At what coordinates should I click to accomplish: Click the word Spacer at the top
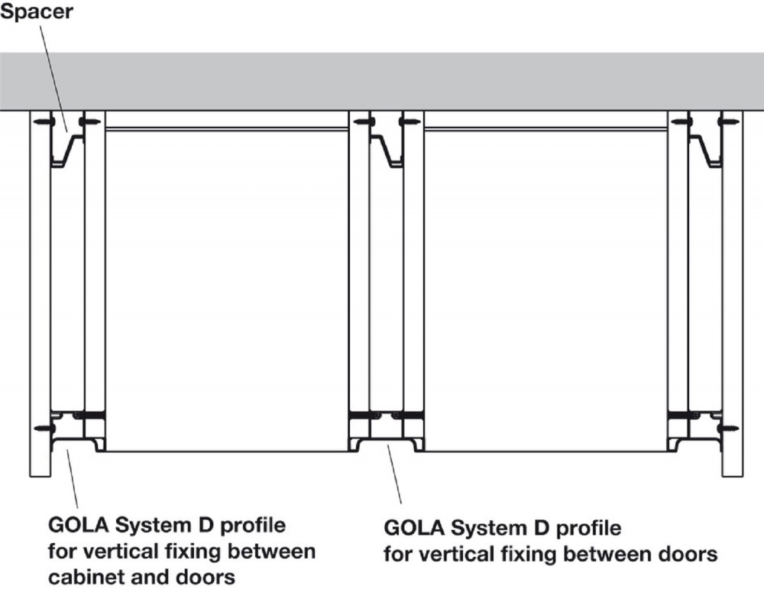pyautogui.click(x=37, y=12)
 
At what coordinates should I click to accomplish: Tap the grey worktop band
pyautogui.click(x=382, y=81)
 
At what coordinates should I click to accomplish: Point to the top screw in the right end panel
pyautogui.click(x=729, y=121)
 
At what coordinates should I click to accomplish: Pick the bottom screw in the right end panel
pyautogui.click(x=729, y=429)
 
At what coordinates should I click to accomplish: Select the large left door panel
pyautogui.click(x=227, y=290)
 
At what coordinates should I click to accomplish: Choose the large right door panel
pyautogui.click(x=546, y=290)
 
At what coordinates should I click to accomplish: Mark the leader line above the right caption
pyautogui.click(x=394, y=474)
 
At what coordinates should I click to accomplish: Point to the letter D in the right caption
pyautogui.click(x=542, y=528)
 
